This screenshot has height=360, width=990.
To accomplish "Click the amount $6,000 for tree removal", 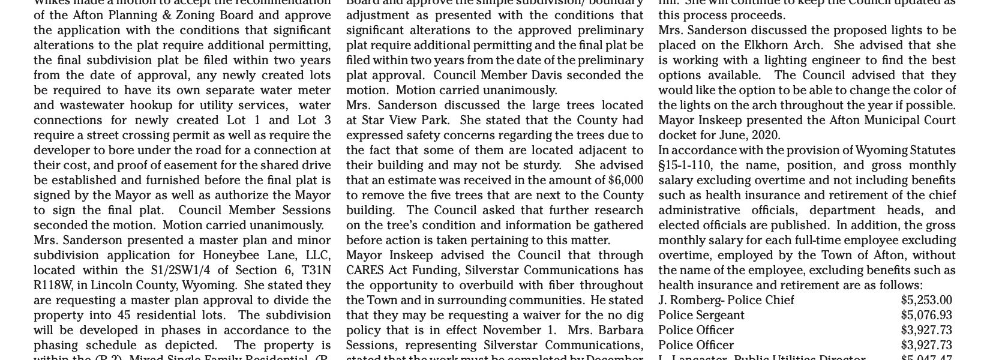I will [x=626, y=180].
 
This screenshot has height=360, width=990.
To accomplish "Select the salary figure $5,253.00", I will [x=926, y=301].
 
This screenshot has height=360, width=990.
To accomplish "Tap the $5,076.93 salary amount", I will [x=926, y=316].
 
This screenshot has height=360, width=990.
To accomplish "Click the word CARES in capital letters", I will [x=364, y=271].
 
